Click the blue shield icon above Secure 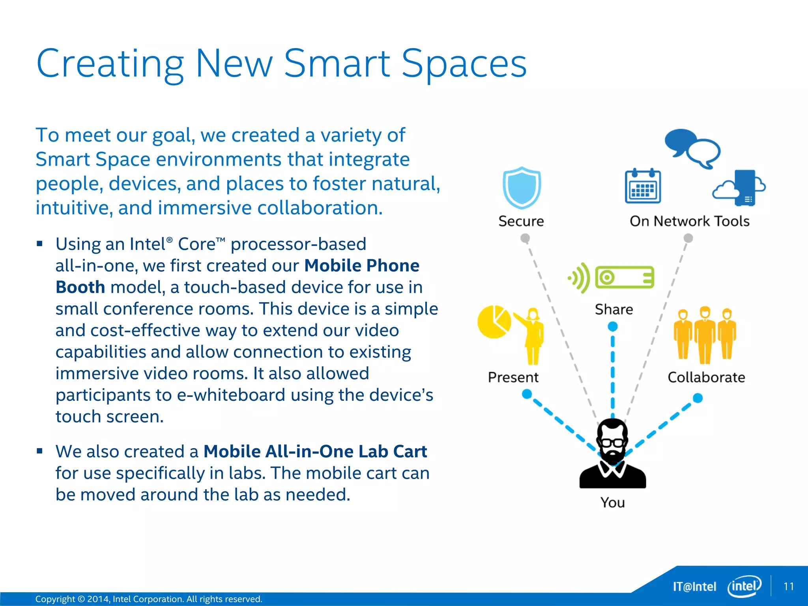point(522,188)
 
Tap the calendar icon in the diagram point(643,186)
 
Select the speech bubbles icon point(692,148)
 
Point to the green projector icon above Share point(624,277)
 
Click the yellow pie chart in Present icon point(494,322)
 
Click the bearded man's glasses point(612,442)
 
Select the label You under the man point(612,503)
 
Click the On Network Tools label point(689,221)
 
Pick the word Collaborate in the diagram point(706,378)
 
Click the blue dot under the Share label point(612,327)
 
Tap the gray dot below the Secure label point(525,238)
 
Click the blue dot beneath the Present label point(527,394)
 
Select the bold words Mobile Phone point(361,266)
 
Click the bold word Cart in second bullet point(410,451)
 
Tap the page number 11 point(788,586)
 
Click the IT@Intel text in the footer point(694,587)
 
